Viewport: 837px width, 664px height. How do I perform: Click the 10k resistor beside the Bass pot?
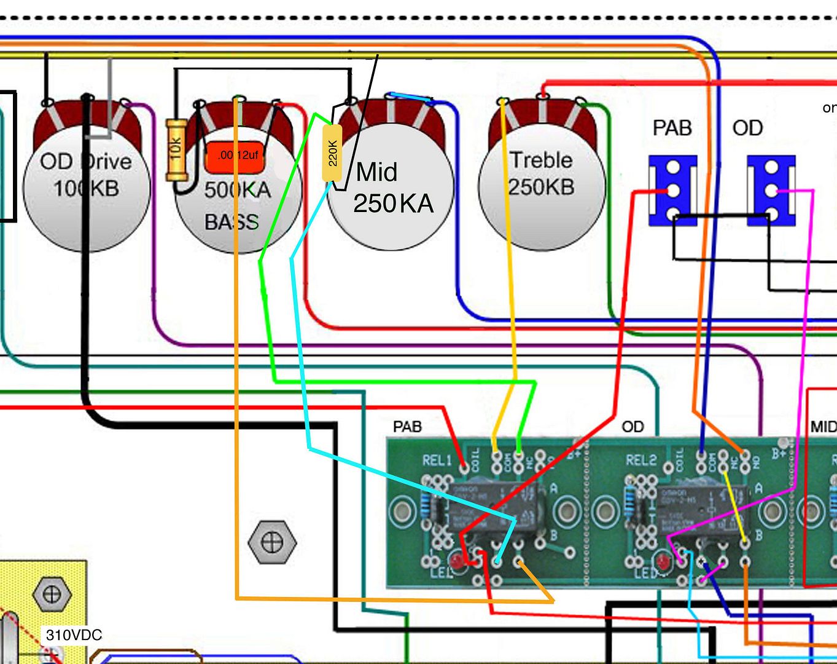point(176,150)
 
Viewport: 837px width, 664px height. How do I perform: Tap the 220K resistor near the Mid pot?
point(332,153)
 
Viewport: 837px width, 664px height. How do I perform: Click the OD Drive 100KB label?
point(86,175)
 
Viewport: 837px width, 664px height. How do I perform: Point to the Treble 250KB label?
point(542,173)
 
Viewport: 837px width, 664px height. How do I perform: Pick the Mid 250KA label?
point(393,188)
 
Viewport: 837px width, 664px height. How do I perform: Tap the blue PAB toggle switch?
point(673,191)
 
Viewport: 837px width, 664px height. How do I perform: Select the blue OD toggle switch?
point(771,191)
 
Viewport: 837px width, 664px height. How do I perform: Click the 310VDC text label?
point(74,635)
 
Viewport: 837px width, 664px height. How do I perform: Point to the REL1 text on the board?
point(437,460)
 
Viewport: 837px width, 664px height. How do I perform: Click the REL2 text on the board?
point(641,460)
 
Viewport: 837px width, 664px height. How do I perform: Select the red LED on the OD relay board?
point(662,562)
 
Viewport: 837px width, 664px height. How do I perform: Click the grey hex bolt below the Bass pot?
point(272,542)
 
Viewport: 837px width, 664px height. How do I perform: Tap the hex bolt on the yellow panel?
point(52,595)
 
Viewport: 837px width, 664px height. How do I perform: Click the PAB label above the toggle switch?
point(672,128)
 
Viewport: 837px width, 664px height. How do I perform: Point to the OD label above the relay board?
point(633,427)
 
